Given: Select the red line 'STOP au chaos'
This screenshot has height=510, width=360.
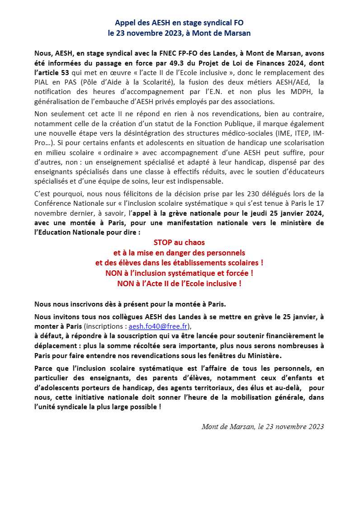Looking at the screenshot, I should (179, 243).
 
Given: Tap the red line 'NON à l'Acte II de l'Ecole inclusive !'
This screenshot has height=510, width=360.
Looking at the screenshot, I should (179, 283).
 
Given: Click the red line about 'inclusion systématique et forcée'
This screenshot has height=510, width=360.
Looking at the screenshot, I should (179, 273).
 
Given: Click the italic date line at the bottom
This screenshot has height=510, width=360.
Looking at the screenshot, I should (262, 426).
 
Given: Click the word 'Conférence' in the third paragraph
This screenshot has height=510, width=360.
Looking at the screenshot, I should (53, 204).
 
